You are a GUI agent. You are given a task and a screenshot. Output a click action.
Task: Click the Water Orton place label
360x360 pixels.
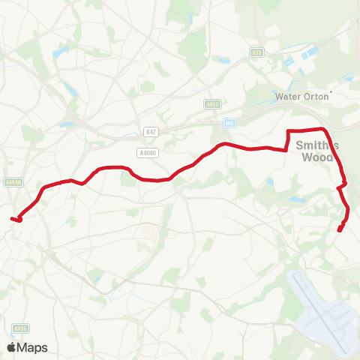point(302,96)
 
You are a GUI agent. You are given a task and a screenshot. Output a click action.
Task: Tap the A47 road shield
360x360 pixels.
point(151,132)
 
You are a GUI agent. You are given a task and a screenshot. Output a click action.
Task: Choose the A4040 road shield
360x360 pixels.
point(147,152)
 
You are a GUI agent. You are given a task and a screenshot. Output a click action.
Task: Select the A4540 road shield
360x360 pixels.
point(13,182)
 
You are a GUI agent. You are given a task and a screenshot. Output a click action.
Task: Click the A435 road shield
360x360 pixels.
point(20,328)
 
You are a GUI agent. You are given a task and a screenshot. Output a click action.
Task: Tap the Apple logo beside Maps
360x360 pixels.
point(12,347)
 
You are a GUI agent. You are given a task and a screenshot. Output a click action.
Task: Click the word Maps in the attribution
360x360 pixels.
point(32,347)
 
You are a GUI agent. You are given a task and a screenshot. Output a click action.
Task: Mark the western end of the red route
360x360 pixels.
point(13,218)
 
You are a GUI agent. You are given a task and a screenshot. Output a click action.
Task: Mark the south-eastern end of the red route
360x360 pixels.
point(340,230)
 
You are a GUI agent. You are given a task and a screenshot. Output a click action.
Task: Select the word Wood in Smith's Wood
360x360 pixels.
point(315,158)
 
